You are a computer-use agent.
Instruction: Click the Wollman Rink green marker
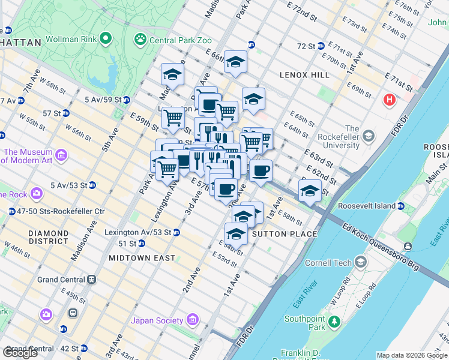[106, 40]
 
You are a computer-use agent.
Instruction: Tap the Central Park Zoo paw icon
[140, 40]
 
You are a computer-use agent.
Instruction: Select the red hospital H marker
[390, 100]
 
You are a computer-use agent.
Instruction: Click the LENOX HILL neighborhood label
[304, 75]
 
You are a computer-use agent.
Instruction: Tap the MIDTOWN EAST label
[142, 258]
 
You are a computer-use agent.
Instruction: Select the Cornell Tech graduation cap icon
[360, 262]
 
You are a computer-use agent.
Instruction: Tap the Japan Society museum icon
[193, 320]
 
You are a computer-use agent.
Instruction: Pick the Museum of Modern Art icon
[61, 157]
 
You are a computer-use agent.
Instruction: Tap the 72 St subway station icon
[321, 46]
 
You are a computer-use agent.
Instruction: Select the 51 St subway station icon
[141, 243]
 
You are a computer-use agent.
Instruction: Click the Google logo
[20, 353]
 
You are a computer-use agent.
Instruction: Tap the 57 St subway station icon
[65, 113]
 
